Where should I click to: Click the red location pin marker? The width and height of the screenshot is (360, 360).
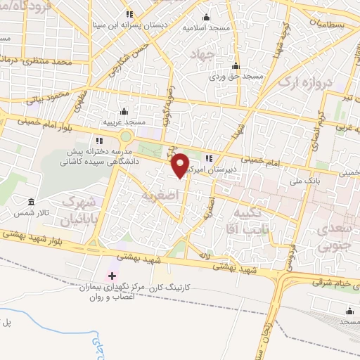(x=181, y=165)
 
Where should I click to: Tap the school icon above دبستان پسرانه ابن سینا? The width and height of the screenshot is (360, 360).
(x=129, y=14)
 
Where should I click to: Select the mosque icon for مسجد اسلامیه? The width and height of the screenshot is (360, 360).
(x=206, y=18)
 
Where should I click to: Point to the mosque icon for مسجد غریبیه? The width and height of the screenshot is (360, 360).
(x=124, y=111)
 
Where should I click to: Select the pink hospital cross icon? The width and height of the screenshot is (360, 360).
(x=110, y=274)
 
